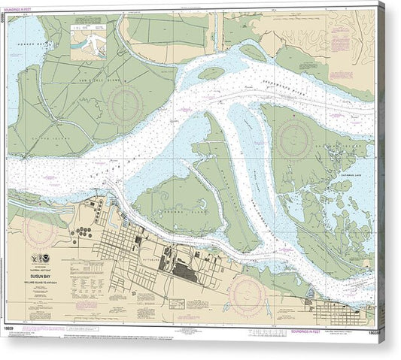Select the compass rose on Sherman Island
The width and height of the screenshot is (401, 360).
coord(294,138)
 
